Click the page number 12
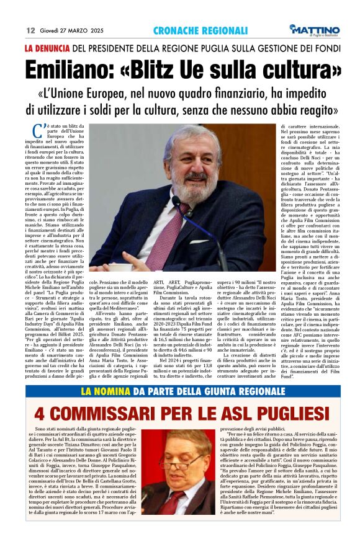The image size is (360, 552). coord(30,29)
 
